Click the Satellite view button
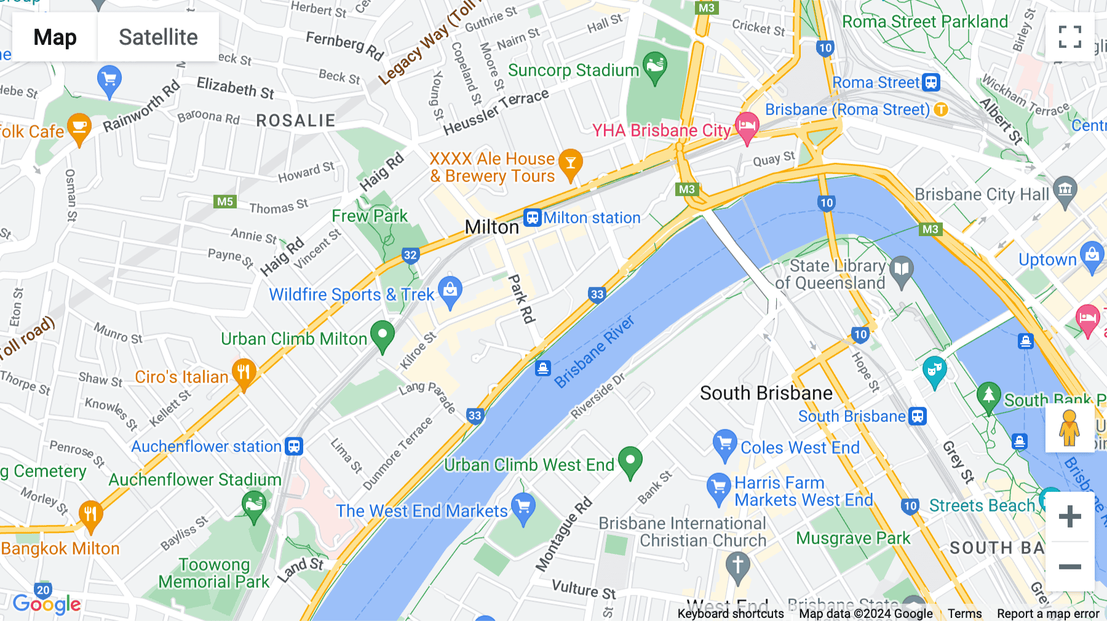click(158, 37)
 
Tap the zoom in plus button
click(1069, 516)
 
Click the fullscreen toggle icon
click(1069, 37)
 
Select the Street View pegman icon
click(1069, 427)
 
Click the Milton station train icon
click(532, 218)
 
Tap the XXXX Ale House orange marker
click(571, 164)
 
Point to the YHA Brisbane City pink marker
click(747, 127)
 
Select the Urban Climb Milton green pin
click(383, 336)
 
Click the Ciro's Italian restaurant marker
click(244, 373)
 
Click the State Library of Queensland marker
click(902, 271)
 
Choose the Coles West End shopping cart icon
click(724, 444)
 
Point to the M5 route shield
click(225, 202)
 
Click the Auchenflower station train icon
click(295, 446)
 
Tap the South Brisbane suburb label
click(766, 393)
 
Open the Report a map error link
click(1047, 614)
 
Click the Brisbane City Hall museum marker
click(1065, 191)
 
